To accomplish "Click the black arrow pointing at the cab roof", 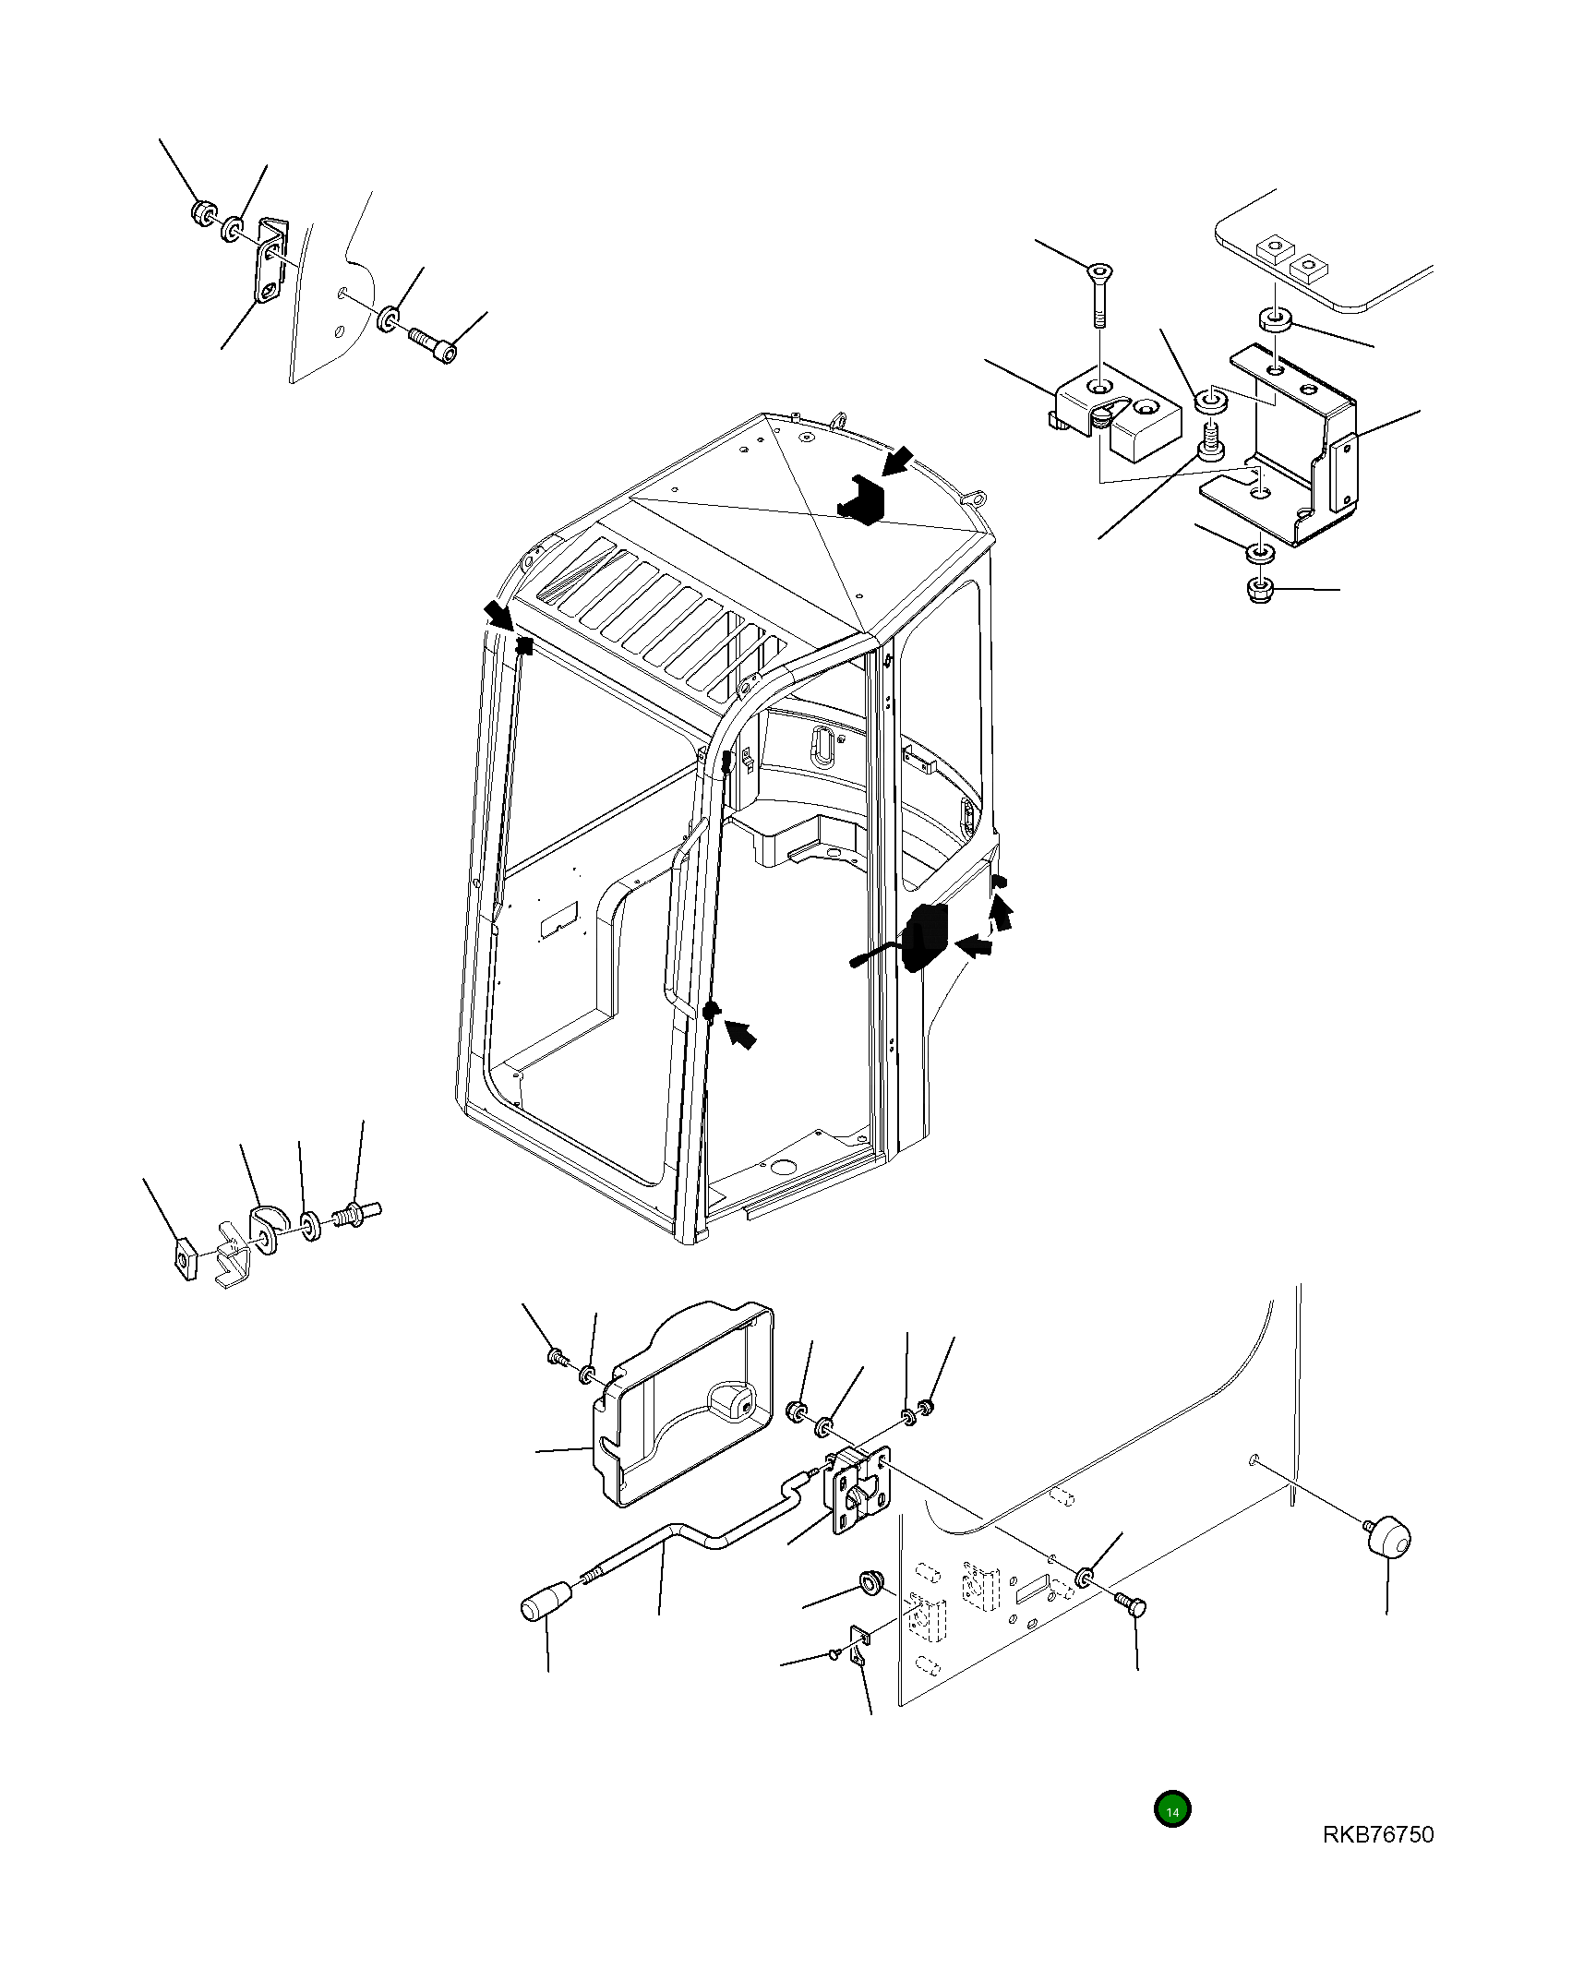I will pos(894,461).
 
